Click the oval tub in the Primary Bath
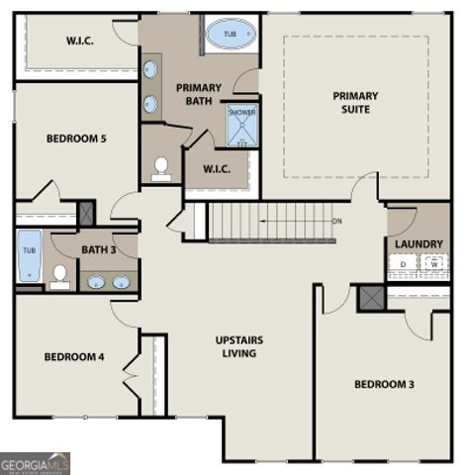[230, 36]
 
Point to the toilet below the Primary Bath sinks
[161, 168]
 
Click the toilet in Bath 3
[60, 275]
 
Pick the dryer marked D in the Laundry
[403, 264]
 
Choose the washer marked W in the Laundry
[432, 264]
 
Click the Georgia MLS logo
[35, 463]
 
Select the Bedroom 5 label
[76, 139]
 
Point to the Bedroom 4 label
[73, 356]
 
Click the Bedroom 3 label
[385, 384]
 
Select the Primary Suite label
[355, 102]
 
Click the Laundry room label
[419, 243]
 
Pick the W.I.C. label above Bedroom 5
[80, 41]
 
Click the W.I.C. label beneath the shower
[217, 168]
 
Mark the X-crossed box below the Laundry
[371, 297]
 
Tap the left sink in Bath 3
[96, 282]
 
